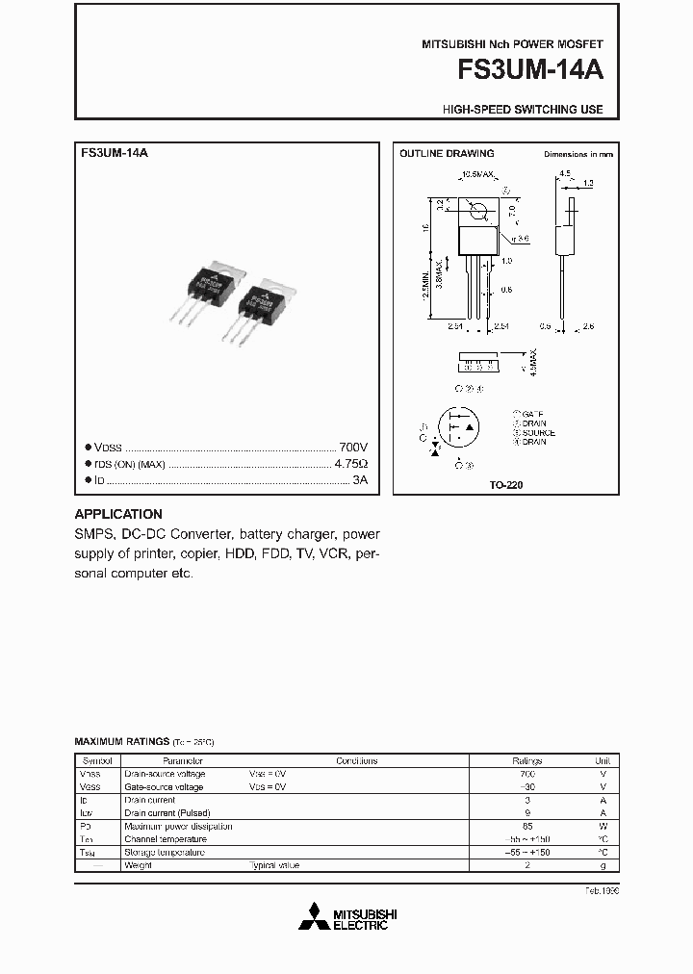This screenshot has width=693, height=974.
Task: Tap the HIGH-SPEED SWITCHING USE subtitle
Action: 523,110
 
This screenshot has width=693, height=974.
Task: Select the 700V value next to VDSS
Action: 353,448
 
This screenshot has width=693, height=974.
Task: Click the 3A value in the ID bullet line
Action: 360,478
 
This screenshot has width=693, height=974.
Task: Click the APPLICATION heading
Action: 118,514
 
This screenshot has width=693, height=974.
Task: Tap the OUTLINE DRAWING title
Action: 447,154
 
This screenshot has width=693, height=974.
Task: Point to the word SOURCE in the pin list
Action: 538,433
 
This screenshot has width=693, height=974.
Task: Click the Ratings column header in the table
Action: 526,760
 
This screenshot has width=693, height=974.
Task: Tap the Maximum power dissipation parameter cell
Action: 178,826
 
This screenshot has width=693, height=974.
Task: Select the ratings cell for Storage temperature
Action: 526,852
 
